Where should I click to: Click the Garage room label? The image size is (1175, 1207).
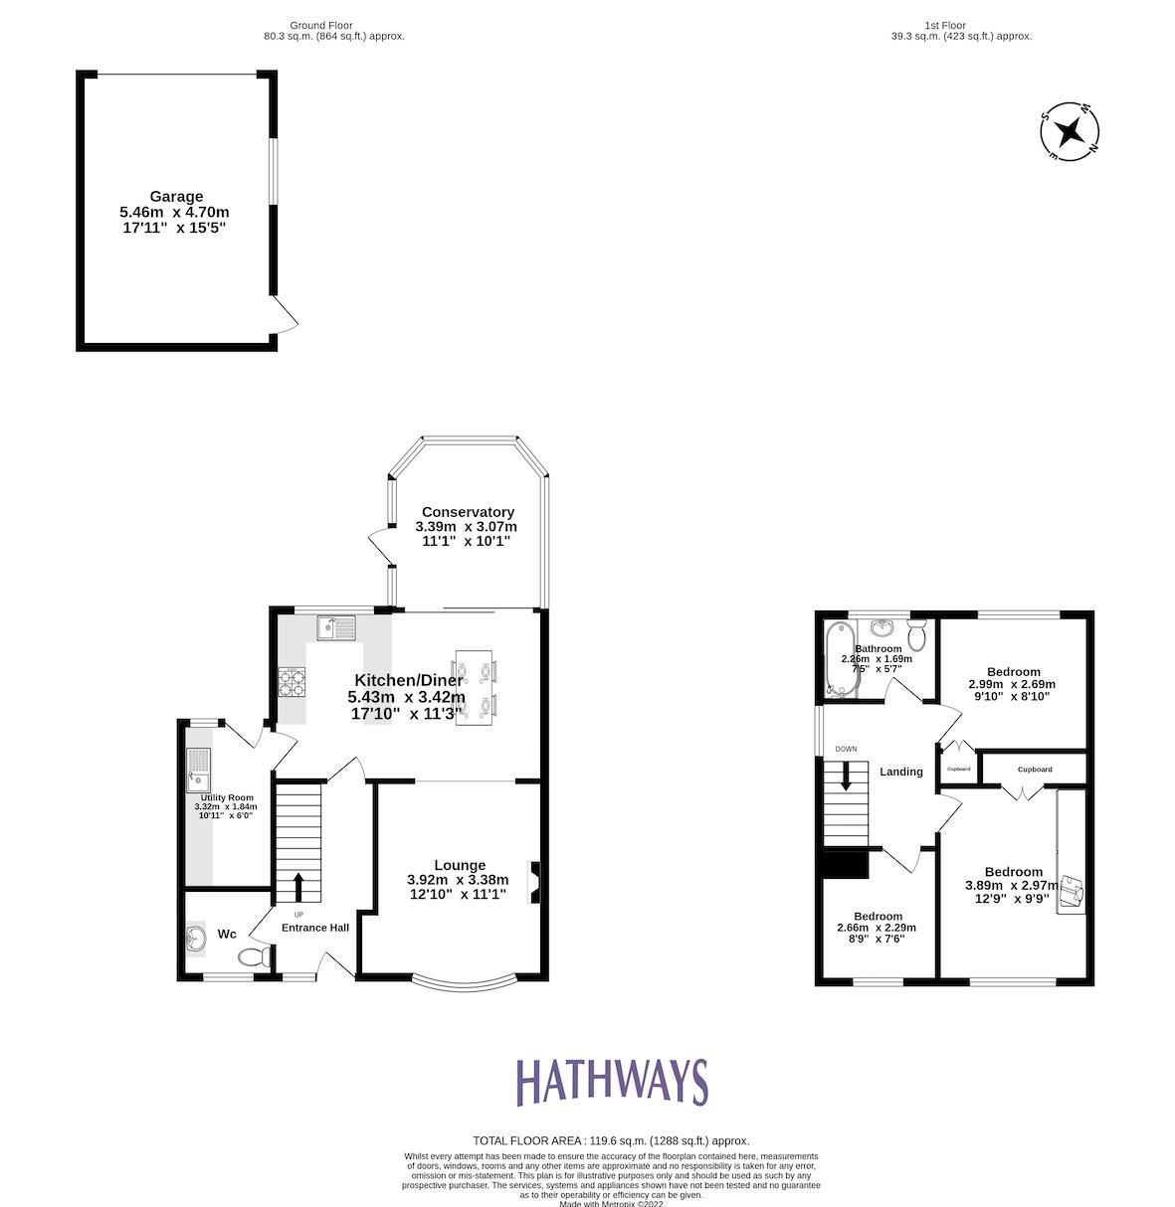(176, 197)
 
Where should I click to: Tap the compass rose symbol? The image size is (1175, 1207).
(1070, 130)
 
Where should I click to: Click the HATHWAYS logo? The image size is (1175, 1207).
(611, 1083)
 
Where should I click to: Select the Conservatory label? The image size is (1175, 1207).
(467, 512)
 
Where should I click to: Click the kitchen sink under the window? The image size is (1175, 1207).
(336, 628)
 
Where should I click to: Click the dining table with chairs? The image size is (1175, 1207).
(474, 687)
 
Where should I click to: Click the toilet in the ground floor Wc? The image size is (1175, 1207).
(255, 956)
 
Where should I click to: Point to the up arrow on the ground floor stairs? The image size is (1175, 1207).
(298, 888)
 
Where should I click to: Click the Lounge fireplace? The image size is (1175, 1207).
(535, 882)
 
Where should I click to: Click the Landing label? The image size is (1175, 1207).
(901, 772)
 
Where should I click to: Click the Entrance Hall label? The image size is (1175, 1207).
(314, 928)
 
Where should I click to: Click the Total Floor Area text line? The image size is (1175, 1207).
(611, 1141)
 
